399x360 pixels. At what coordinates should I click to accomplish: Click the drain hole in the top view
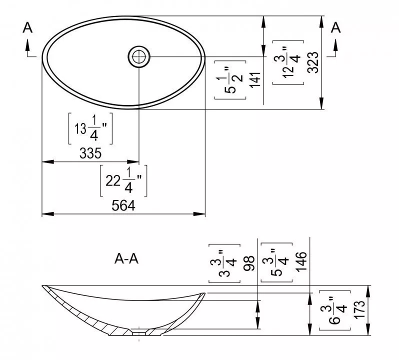click(139, 56)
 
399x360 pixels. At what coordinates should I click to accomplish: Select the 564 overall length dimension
click(123, 205)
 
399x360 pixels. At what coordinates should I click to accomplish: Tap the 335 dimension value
click(90, 153)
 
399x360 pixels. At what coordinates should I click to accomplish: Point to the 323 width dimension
click(312, 62)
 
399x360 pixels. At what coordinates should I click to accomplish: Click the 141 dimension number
click(255, 80)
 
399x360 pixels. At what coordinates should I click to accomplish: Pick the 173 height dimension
click(359, 309)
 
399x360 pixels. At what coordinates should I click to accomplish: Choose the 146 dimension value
click(301, 262)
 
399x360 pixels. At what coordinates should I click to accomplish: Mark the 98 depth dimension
click(248, 263)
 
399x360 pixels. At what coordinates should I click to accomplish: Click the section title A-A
click(126, 259)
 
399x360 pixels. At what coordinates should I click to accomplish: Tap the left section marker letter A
click(27, 27)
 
